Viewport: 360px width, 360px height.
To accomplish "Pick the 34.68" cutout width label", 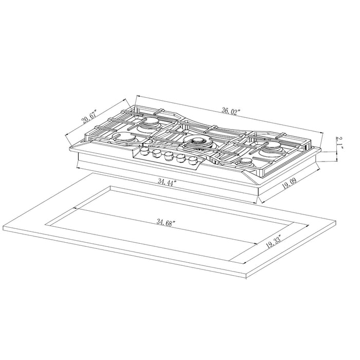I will pos(166,223).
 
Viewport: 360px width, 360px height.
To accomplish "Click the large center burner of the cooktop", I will pos(197,142).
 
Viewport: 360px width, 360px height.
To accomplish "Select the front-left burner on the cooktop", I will pos(127,139).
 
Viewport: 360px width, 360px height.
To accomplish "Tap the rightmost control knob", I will pos(190,160).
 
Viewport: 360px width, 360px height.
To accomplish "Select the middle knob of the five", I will pos(169,155).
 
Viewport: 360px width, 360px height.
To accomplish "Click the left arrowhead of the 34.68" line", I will pos(76,208).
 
